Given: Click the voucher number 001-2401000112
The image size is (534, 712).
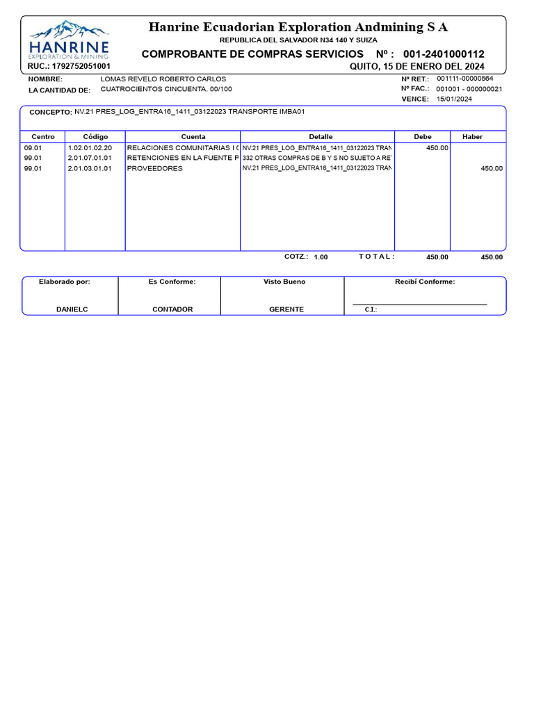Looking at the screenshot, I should click(444, 54).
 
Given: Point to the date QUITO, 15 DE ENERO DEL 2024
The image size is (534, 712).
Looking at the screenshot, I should click(416, 66).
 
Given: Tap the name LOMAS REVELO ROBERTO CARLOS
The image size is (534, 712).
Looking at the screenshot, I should click(163, 79).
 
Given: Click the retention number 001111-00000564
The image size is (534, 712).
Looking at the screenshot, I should click(464, 79).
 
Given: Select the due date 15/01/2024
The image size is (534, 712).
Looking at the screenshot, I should click(453, 99).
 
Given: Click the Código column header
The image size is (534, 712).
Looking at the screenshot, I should click(95, 137).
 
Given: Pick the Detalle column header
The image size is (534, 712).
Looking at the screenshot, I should click(321, 137).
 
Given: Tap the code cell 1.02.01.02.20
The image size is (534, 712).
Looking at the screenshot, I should click(90, 148).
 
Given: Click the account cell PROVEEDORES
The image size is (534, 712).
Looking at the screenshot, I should click(154, 168).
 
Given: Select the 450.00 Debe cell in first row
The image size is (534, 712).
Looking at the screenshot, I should click(437, 148).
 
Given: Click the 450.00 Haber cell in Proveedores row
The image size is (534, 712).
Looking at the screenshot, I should click(492, 168).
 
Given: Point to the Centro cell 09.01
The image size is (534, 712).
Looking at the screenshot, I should click(33, 148).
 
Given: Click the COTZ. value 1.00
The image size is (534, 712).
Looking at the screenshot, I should click(321, 257).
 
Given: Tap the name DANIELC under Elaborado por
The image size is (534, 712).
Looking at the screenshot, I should click(72, 309).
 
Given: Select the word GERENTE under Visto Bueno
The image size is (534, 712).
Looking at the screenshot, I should click(286, 309).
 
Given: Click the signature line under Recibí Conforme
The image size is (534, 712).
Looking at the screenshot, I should click(419, 305).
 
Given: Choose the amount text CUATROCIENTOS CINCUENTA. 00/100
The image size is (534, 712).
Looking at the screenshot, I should click(166, 90).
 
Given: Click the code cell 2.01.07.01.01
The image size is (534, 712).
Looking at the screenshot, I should click(90, 158).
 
